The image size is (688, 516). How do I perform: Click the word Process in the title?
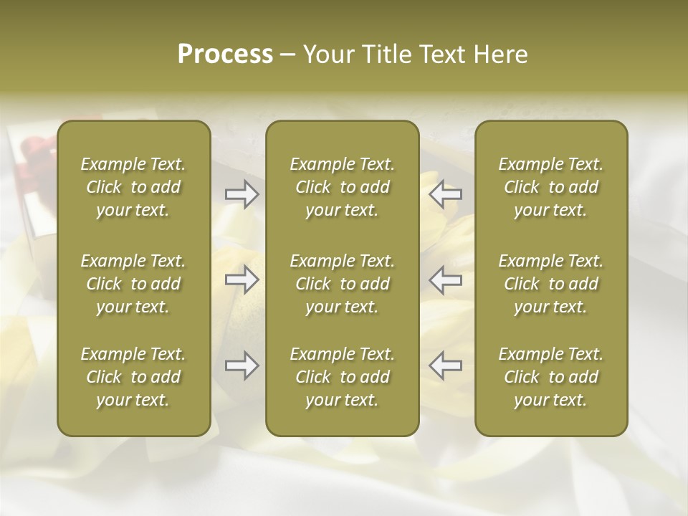click(225, 54)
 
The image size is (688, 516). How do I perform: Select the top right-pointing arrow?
click(242, 193)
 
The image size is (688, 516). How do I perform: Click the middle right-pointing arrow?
click(242, 279)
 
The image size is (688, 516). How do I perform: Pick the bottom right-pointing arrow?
click(242, 365)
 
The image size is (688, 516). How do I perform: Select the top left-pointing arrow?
click(445, 193)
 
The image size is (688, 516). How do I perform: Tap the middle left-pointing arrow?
click(445, 279)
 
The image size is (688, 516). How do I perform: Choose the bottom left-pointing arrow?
click(445, 365)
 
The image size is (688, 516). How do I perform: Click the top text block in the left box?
click(133, 187)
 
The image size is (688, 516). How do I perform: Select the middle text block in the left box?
click(133, 284)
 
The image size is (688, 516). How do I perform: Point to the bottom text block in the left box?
click(133, 377)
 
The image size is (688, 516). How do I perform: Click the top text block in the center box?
click(343, 187)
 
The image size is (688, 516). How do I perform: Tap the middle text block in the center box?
click(343, 284)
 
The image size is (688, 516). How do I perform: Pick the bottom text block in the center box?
click(343, 377)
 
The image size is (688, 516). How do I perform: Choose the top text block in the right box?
click(551, 187)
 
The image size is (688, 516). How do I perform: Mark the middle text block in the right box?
click(551, 284)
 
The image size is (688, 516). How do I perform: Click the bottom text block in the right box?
click(551, 377)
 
